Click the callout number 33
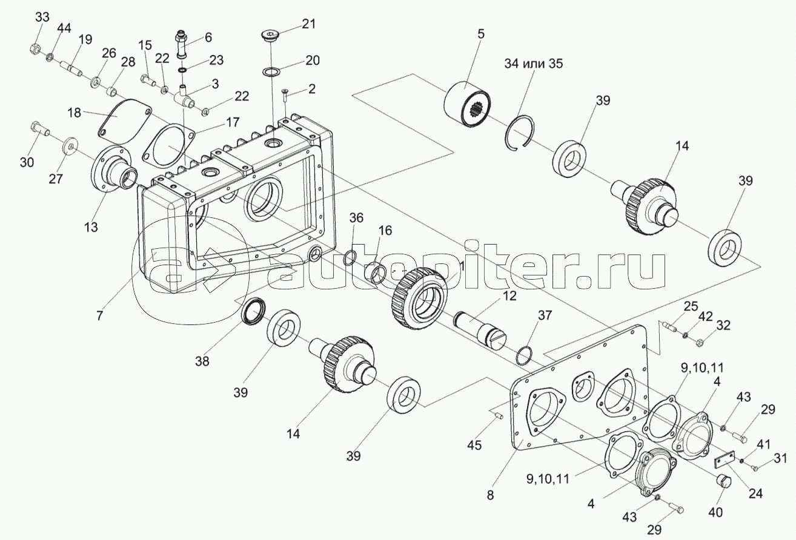(x=42, y=18)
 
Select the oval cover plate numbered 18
(x=124, y=120)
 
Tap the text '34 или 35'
(x=534, y=64)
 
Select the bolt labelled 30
(x=39, y=129)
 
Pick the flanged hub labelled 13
(x=114, y=170)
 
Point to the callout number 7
(x=100, y=315)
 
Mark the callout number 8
(x=491, y=495)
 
